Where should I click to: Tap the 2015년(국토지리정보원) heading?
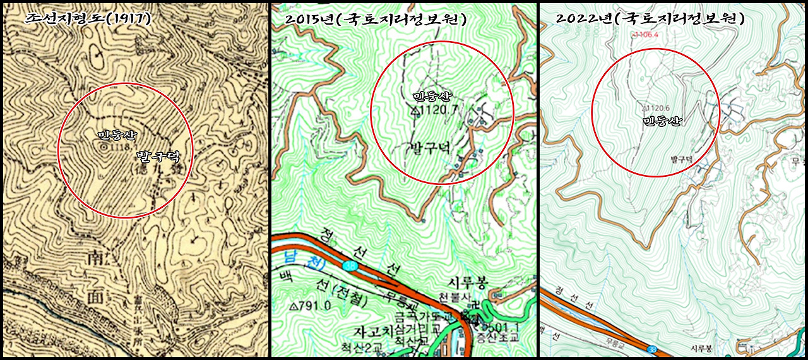[x=376, y=19]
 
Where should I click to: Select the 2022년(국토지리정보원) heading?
[x=650, y=18]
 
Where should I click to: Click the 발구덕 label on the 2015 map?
[x=430, y=148]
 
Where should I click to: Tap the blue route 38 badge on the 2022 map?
[x=650, y=347]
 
